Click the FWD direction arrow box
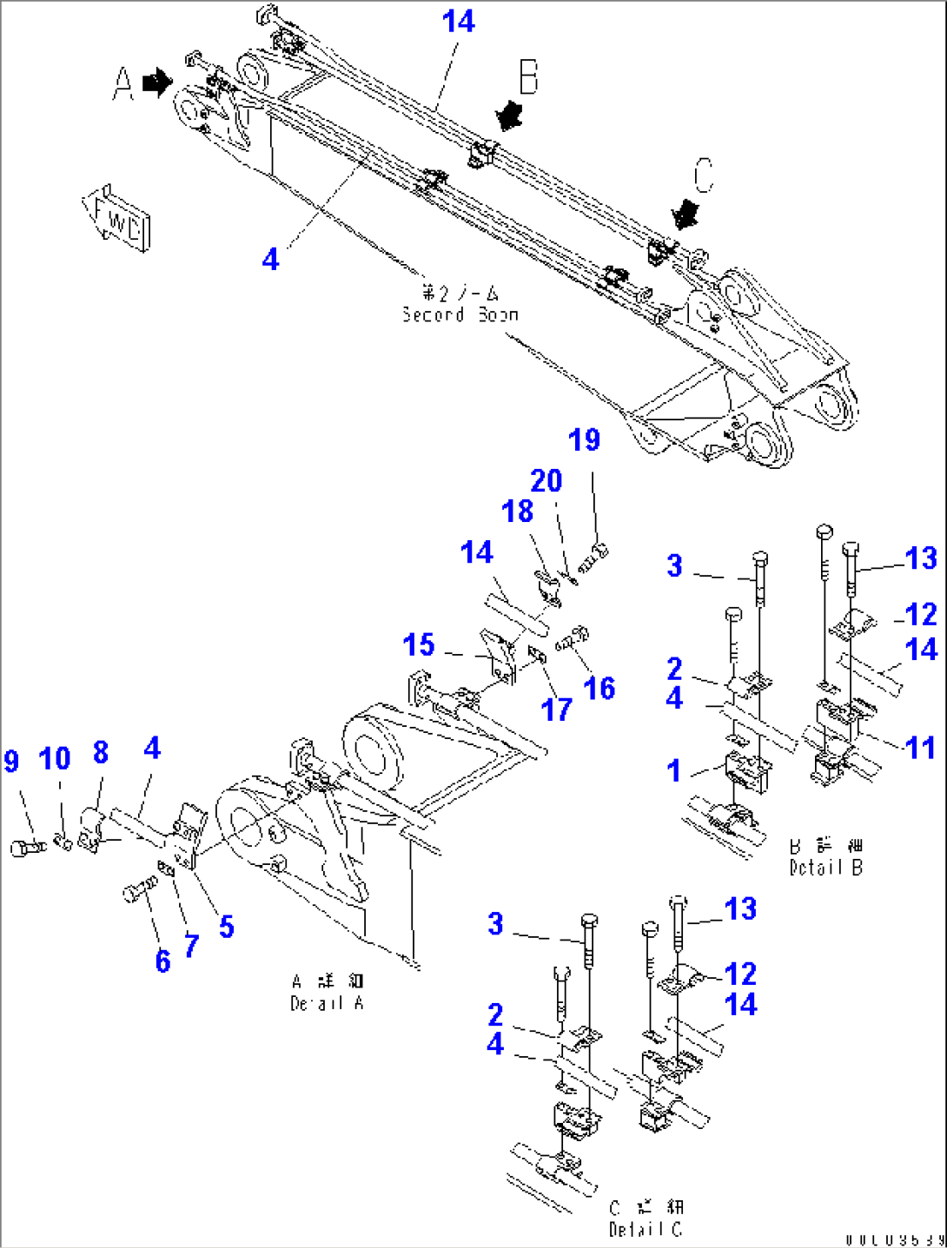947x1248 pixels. click(x=116, y=217)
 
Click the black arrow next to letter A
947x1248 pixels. click(x=157, y=83)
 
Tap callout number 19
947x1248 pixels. click(x=584, y=440)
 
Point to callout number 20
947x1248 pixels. click(x=546, y=480)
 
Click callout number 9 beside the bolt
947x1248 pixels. click(x=10, y=762)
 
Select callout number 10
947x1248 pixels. click(x=55, y=759)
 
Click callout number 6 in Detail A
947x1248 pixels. click(x=162, y=961)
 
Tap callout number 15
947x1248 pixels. click(x=419, y=645)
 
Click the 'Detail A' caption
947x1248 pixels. click(x=328, y=993)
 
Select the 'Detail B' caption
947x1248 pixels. click(x=825, y=856)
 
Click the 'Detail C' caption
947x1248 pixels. click(x=646, y=1218)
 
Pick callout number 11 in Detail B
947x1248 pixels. click(x=921, y=748)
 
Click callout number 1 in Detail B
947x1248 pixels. click(x=674, y=770)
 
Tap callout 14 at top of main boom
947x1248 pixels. click(x=459, y=22)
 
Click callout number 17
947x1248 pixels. click(x=556, y=710)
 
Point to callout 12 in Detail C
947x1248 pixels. click(x=741, y=974)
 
